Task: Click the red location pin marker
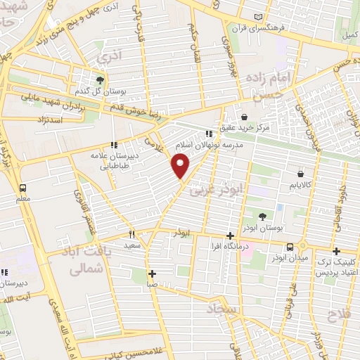click(181, 166)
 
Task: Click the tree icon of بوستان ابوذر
click(262, 216)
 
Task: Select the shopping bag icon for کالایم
click(300, 173)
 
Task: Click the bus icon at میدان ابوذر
click(290, 246)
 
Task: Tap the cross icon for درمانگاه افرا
click(230, 236)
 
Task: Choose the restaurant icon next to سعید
click(131, 234)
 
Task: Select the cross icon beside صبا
click(150, 274)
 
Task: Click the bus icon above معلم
click(23, 188)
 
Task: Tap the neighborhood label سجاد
click(224, 308)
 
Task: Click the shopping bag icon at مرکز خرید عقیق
click(243, 117)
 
